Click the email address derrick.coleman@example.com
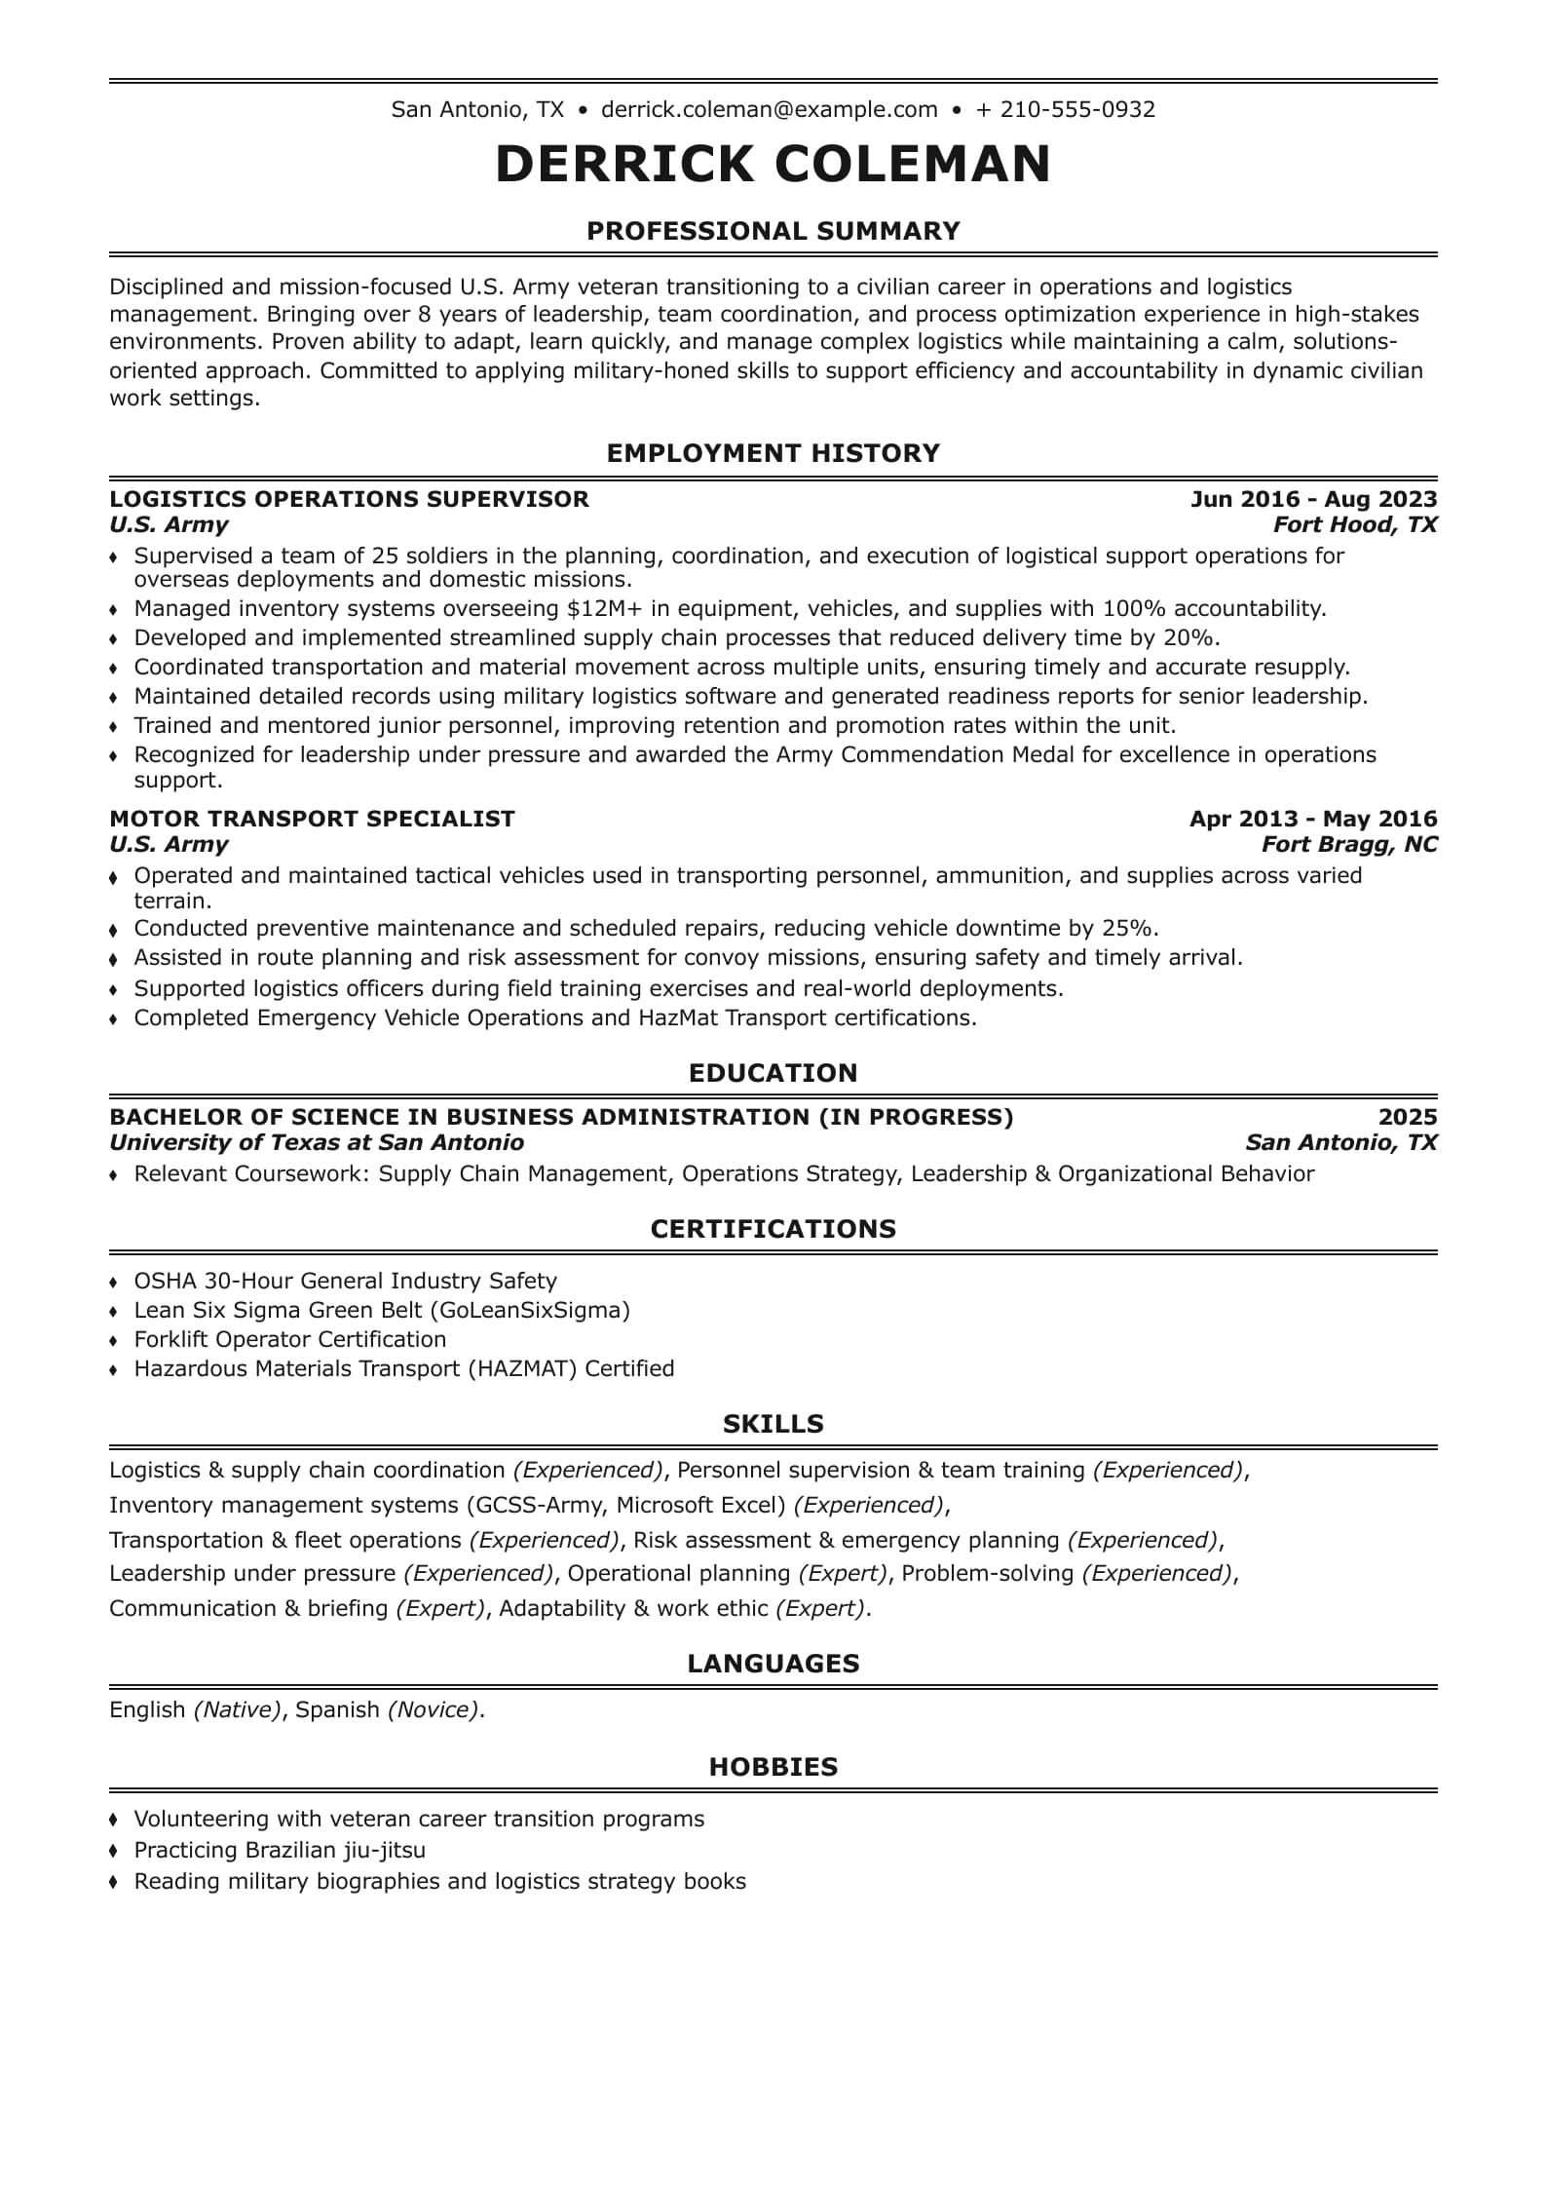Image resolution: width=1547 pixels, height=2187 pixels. tap(769, 109)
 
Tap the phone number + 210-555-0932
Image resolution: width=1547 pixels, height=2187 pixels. tap(1066, 109)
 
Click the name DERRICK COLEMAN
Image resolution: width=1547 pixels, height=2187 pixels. tap(773, 164)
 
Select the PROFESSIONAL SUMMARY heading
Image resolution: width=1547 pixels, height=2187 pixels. tap(773, 231)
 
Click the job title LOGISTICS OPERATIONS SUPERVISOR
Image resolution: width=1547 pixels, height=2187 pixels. tap(349, 499)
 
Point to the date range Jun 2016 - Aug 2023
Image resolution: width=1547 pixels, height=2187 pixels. tap(1313, 499)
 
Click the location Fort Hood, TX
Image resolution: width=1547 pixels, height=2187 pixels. tap(1355, 524)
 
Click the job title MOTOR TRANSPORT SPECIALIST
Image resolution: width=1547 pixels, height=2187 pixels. tap(312, 819)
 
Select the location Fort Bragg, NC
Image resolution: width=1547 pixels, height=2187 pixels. tap(1349, 844)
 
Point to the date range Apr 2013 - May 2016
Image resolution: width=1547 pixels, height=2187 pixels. tap(1312, 819)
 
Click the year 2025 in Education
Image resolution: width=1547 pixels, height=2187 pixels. tap(1408, 1117)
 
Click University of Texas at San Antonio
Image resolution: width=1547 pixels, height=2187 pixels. tap(317, 1142)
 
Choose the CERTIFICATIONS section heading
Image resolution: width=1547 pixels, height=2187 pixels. tap(773, 1229)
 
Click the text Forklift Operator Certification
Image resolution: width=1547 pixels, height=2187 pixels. tap(290, 1339)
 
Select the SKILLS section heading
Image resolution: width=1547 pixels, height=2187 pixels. tap(773, 1424)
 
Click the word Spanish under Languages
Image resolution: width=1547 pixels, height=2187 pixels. tap(337, 1709)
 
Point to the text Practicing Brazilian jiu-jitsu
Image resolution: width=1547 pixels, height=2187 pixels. tap(280, 1850)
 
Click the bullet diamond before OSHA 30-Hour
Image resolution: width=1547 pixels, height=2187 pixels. tap(114, 1282)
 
